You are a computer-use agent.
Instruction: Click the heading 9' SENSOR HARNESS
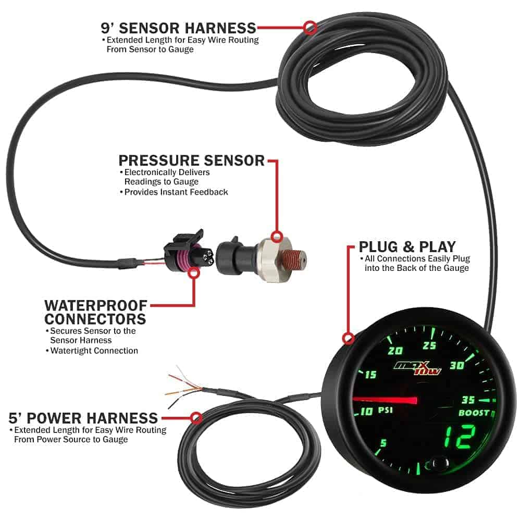[178, 28]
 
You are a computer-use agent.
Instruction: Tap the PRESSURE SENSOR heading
[192, 160]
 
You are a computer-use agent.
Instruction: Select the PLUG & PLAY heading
[407, 247]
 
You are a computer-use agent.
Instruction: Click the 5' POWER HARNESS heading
[83, 418]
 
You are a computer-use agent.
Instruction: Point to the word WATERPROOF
[96, 305]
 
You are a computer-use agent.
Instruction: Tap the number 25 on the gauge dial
[429, 345]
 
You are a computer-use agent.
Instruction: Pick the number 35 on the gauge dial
[468, 400]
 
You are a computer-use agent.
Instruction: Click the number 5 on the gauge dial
[383, 443]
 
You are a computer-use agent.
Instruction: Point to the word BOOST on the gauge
[474, 413]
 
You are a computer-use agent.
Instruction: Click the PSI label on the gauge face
[386, 410]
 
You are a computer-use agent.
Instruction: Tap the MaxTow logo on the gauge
[418, 368]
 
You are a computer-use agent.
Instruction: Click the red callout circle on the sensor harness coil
[310, 28]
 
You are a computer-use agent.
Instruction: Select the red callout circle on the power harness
[196, 417]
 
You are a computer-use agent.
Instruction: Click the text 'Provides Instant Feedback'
[176, 192]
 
